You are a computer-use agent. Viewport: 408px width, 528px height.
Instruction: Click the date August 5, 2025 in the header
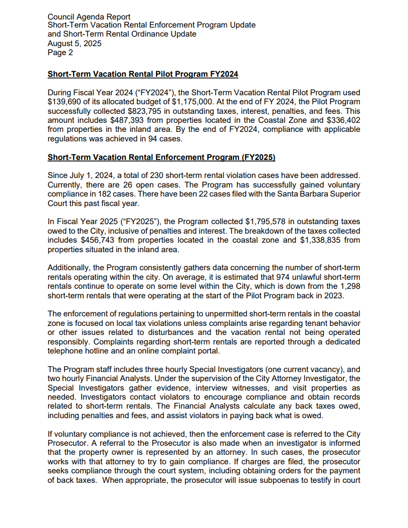74,43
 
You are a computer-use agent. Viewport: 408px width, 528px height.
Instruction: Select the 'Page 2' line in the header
60,52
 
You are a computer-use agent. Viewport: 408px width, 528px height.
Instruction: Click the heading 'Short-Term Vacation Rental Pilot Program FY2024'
143,74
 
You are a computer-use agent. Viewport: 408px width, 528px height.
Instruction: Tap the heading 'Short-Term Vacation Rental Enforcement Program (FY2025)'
161,157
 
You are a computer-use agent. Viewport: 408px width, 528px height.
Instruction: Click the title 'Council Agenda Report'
89,17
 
